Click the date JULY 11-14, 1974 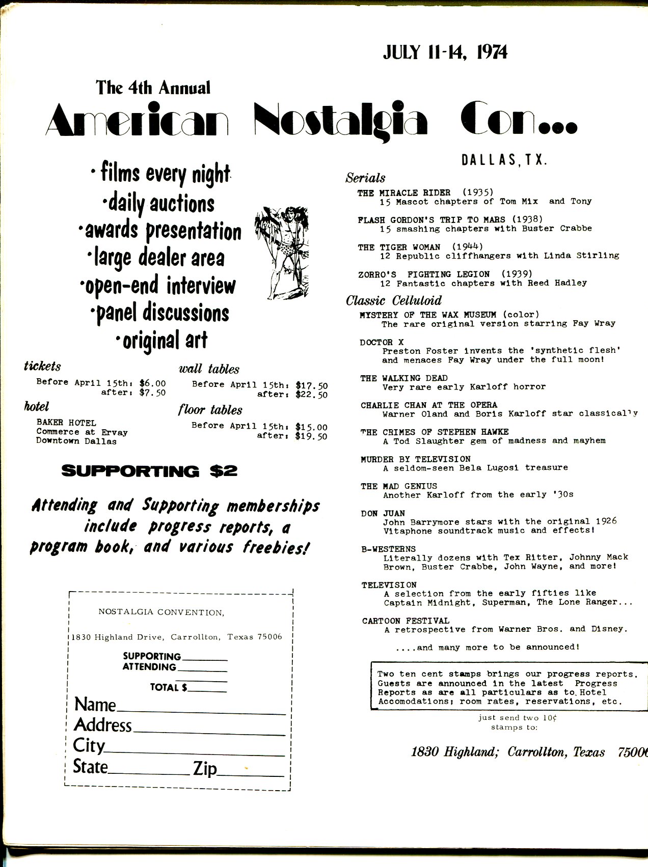tap(445, 52)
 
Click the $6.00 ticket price tap(152, 383)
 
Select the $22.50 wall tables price tap(311, 395)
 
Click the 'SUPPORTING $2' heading tap(149, 471)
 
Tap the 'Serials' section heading tap(365, 178)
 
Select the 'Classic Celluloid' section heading tap(393, 300)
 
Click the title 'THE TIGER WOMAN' tap(398, 247)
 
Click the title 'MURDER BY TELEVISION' tap(415, 459)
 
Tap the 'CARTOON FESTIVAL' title tap(406, 621)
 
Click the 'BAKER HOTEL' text tap(66, 423)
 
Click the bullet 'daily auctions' tap(158, 204)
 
